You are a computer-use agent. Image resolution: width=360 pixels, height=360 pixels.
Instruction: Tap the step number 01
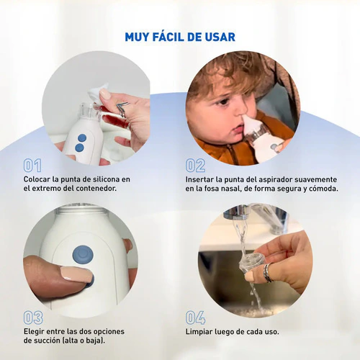(x=32, y=166)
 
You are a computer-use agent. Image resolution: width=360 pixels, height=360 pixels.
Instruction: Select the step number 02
(x=195, y=166)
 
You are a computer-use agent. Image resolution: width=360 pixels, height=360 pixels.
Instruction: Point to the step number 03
(x=33, y=318)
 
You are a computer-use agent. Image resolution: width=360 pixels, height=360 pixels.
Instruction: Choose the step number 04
(x=195, y=318)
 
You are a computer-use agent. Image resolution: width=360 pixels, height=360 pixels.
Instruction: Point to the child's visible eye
(x=223, y=102)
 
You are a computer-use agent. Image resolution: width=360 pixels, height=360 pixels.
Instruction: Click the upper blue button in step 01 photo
(x=82, y=138)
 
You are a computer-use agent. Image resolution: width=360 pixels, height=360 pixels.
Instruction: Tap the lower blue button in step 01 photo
(x=79, y=148)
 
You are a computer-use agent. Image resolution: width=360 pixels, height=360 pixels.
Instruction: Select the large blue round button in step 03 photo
(x=83, y=256)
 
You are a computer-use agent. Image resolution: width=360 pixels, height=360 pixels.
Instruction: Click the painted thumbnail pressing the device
(x=76, y=274)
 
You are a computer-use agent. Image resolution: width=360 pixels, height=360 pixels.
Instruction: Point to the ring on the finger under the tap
(x=268, y=272)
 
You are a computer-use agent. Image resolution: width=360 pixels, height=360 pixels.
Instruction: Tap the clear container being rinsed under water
(x=251, y=262)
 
